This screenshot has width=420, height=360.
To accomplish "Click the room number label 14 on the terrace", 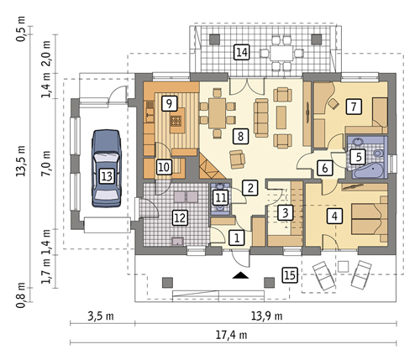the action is coord(242,52).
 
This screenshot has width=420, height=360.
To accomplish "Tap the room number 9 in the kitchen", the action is coord(169,103).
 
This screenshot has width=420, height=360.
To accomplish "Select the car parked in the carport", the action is coord(107,168).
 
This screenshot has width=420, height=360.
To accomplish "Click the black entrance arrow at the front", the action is coord(240,275).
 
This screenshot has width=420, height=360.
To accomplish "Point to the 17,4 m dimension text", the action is coord(231,335).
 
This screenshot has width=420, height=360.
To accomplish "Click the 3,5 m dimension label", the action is coord(101,316).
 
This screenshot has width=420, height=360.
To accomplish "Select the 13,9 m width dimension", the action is coord(266,316).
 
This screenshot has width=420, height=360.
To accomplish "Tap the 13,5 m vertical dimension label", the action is coord(21,160).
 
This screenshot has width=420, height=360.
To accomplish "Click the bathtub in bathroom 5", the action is coord(367,170).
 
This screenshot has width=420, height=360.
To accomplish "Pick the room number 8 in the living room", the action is coord(240,136).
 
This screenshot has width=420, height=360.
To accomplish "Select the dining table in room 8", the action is coord(218,112).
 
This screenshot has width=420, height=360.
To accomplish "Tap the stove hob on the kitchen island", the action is coord(176,121).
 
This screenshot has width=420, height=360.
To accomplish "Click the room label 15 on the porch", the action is coord(290,275).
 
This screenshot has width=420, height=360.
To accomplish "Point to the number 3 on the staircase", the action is coord(285,212).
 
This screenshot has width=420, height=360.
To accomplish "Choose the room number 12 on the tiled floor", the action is coord(180,217).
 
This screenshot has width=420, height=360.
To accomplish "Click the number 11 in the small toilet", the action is coord(221,198).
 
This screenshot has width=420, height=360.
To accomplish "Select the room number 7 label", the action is coord(354,107).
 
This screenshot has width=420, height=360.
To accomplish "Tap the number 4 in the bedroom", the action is coord(334,216).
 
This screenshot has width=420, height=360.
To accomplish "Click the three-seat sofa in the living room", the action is coord(261,117).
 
